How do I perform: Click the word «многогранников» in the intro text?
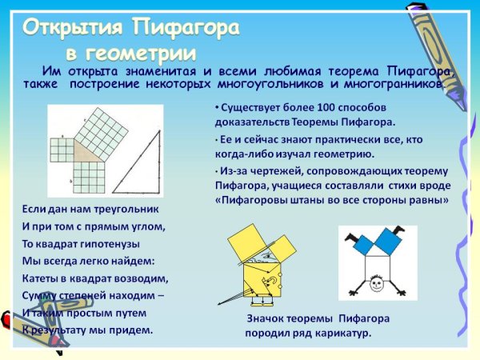391,83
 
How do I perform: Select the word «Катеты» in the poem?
40,278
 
